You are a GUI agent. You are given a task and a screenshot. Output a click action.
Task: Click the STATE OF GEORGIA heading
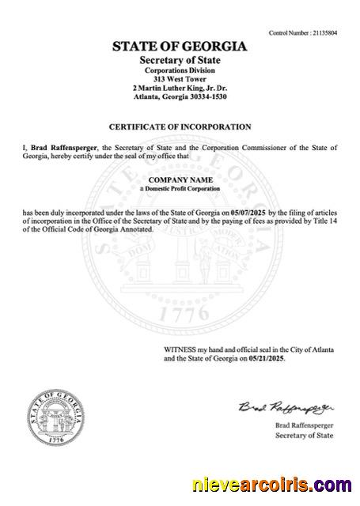(180, 47)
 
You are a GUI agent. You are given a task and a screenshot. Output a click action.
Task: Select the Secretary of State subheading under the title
(180, 61)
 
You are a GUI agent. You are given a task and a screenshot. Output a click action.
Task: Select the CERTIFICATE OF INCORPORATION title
(180, 126)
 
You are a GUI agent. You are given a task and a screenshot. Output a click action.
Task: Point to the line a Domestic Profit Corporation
(180, 190)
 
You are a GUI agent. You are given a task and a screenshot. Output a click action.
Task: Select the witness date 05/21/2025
(266, 358)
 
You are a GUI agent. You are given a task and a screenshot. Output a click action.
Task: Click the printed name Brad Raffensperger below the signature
(302, 425)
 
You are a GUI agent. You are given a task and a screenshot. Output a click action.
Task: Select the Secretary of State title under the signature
(302, 436)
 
